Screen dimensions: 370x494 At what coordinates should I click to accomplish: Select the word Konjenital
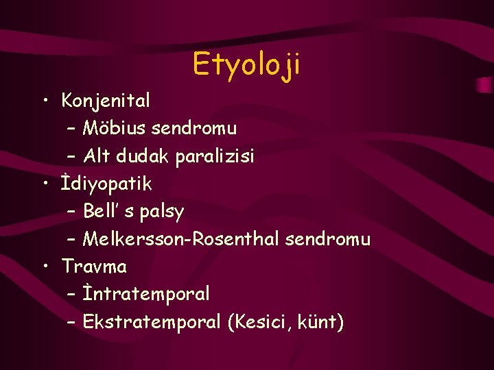pos(106,101)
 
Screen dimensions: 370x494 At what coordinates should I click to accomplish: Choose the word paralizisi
pos(215,157)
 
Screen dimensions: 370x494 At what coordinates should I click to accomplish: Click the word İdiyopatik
pos(106,184)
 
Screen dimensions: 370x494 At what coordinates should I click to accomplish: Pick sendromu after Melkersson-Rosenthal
pos(327,239)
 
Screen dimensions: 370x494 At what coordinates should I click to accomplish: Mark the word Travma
pos(94,266)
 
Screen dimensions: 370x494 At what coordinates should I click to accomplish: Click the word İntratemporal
pos(146,294)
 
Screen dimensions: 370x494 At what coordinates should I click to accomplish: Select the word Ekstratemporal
pos(152,321)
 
